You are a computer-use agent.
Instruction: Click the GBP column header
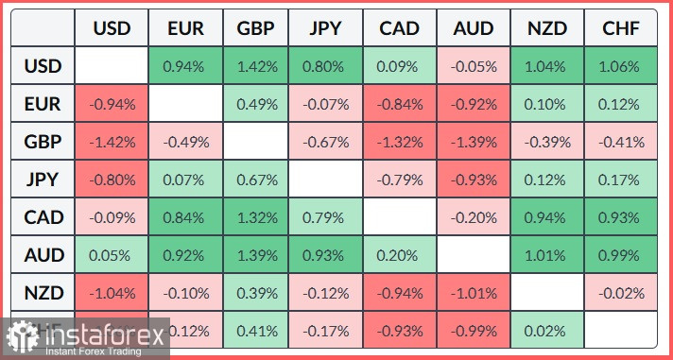click(x=256, y=27)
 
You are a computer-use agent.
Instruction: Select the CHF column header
click(x=620, y=27)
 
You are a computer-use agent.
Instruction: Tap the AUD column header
click(x=475, y=27)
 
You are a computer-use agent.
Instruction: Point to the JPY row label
click(x=43, y=180)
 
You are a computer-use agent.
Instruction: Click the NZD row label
click(x=43, y=293)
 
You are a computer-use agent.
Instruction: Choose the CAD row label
click(x=43, y=217)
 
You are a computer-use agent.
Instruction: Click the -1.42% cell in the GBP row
click(x=112, y=142)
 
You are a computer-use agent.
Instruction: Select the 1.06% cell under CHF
click(x=620, y=66)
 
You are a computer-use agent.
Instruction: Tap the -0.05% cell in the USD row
click(x=475, y=66)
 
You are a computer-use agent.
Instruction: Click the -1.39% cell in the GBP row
click(x=475, y=142)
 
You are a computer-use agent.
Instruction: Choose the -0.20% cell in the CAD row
click(x=475, y=217)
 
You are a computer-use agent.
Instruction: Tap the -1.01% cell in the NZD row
click(x=475, y=293)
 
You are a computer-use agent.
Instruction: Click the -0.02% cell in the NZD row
click(x=620, y=293)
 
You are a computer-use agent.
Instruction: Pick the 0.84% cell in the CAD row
click(x=184, y=217)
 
